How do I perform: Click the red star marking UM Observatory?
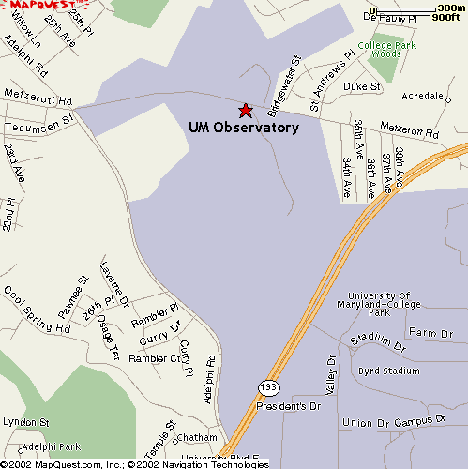click(246, 111)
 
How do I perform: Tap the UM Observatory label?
click(244, 128)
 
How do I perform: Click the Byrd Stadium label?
click(389, 371)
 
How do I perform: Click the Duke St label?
click(361, 86)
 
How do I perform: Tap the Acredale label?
click(421, 97)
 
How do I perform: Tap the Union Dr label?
click(368, 423)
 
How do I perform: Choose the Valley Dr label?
click(330, 375)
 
